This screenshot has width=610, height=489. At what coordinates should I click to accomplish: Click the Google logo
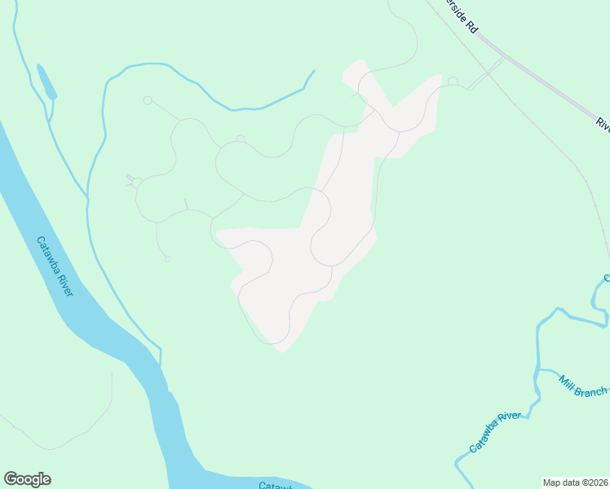tap(27, 479)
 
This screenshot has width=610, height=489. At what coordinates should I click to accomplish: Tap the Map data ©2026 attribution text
tap(575, 482)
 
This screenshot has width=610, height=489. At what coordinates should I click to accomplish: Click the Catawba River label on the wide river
tap(54, 267)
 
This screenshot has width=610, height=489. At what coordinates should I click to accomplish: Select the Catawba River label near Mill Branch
tap(495, 433)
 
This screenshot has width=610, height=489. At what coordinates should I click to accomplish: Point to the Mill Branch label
tap(582, 386)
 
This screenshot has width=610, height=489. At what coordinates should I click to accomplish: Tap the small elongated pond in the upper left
tap(46, 81)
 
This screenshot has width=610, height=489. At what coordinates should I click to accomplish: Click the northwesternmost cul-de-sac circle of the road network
tap(148, 100)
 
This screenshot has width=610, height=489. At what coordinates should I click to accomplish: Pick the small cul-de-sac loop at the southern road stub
tap(166, 259)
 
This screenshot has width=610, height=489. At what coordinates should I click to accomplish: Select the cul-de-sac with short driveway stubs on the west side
tap(136, 183)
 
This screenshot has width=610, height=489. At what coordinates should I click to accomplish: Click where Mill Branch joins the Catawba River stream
tap(537, 372)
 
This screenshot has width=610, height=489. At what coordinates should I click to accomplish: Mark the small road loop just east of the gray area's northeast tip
tap(453, 81)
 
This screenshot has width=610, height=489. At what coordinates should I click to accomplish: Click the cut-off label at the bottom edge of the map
tap(275, 486)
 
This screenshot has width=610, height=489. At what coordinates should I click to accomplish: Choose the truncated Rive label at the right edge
tap(603, 124)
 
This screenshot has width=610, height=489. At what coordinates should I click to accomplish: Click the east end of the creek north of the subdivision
tap(313, 72)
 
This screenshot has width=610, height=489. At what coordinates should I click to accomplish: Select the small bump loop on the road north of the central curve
tap(240, 139)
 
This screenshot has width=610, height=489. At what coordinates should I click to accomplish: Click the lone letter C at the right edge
tap(606, 279)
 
